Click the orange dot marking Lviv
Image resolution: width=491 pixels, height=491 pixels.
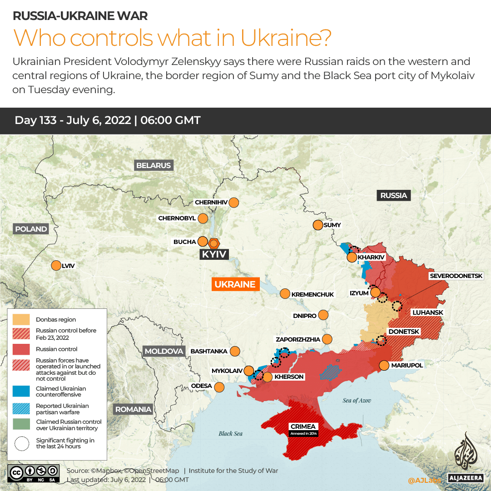(x=56, y=266)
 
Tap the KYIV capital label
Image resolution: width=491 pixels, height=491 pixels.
(x=214, y=254)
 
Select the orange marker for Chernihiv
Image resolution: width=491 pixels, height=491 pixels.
(x=234, y=203)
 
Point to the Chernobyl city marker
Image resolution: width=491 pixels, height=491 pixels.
(x=203, y=218)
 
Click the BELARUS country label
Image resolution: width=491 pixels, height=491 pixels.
(x=154, y=165)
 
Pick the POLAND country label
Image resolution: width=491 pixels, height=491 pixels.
(x=31, y=229)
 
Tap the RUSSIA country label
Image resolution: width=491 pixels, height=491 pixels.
(x=393, y=195)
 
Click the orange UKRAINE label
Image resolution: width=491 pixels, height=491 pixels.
(x=235, y=284)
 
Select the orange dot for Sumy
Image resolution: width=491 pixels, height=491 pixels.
(x=317, y=225)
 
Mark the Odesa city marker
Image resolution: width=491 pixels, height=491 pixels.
(x=219, y=387)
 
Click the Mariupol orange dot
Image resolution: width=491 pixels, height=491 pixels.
(x=384, y=365)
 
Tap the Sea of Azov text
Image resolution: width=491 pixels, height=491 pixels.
(x=357, y=400)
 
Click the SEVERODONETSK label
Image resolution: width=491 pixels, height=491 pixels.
(x=460, y=276)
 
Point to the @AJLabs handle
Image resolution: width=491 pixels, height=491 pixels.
(x=424, y=480)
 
